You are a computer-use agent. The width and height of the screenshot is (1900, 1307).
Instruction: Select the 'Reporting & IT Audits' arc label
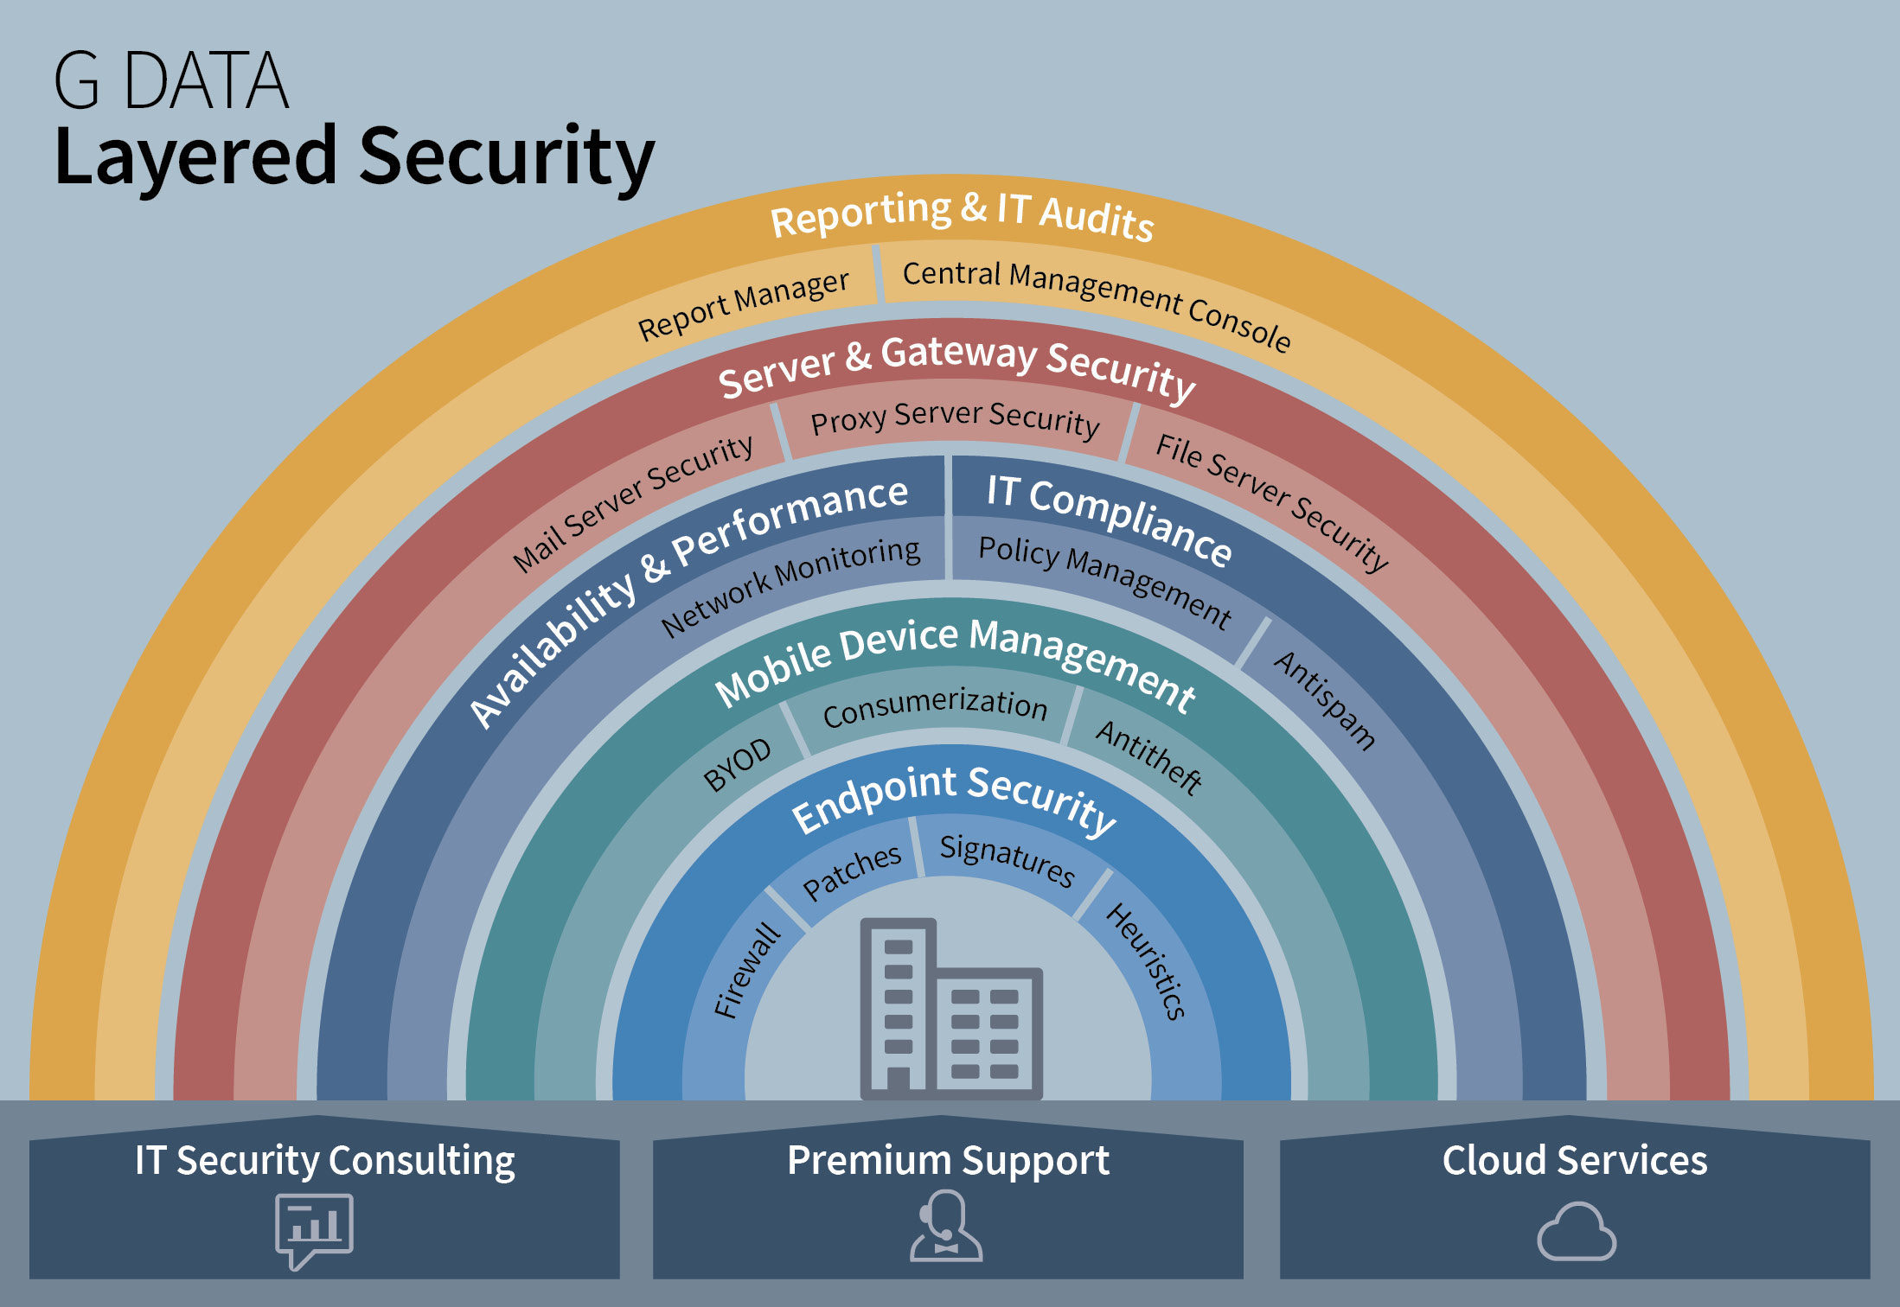point(962,214)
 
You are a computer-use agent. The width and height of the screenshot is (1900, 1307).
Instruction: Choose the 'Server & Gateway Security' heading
point(956,367)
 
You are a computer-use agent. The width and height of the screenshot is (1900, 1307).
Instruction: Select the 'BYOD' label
point(737,764)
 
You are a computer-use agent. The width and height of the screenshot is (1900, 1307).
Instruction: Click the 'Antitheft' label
point(1148,757)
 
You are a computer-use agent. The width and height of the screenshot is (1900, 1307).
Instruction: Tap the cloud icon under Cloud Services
point(1576,1231)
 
